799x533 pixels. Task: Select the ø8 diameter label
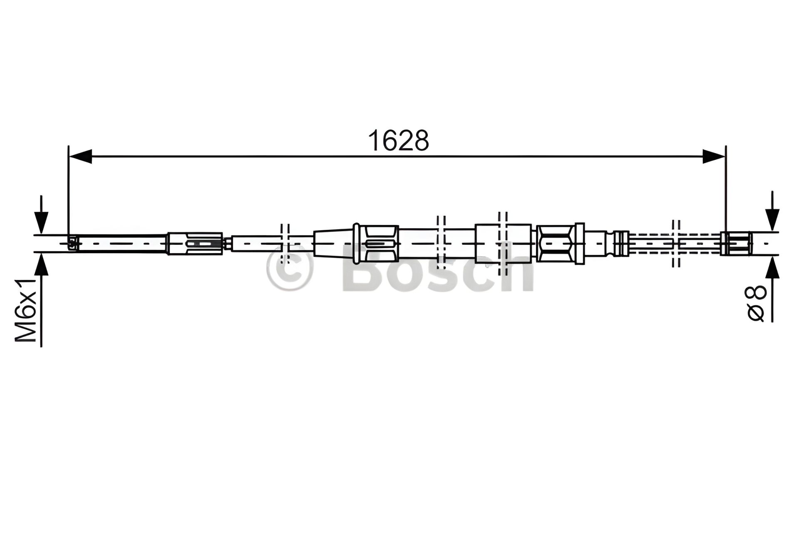(x=757, y=303)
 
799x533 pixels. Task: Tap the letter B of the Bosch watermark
(x=363, y=273)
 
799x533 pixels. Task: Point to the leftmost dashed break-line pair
(x=285, y=243)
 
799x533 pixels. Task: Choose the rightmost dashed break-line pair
(x=676, y=243)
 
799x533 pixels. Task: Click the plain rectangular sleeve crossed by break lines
(x=503, y=243)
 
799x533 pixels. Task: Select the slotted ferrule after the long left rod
(x=195, y=243)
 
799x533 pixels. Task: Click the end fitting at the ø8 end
(x=736, y=243)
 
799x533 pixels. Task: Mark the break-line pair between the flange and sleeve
(x=441, y=243)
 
